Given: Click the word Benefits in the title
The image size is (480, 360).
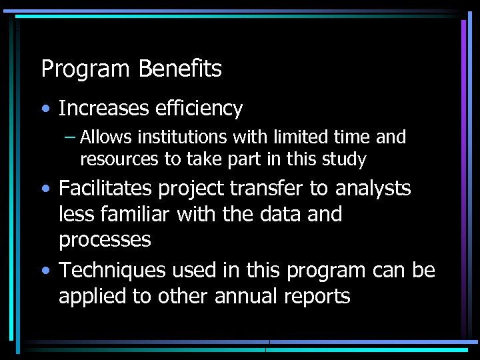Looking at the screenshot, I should [x=180, y=69].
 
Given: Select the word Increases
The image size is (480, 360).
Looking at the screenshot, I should [x=105, y=108].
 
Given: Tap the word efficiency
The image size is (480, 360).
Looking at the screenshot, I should [x=199, y=109].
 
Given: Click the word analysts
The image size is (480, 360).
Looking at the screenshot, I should [x=373, y=189].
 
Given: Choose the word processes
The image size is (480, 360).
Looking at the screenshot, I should [x=105, y=240].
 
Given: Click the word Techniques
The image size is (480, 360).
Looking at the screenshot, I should [x=111, y=271].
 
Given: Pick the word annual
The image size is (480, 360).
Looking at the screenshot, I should [x=243, y=296].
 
